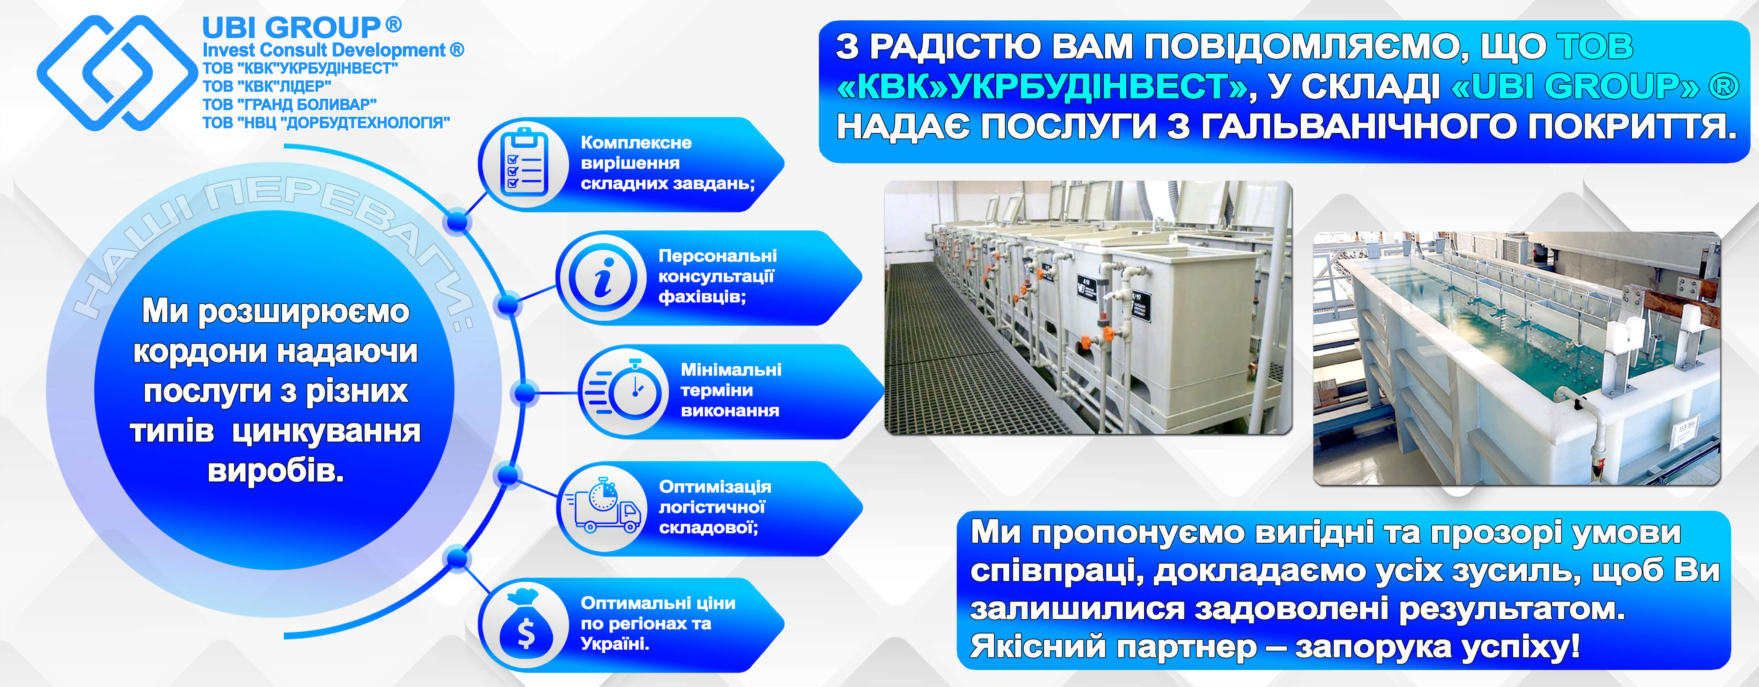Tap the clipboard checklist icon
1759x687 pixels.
pyautogui.click(x=524, y=163)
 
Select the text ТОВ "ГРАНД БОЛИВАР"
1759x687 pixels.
pyautogui.click(x=289, y=105)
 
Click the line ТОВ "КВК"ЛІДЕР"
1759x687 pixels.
pyautogui.click(x=266, y=86)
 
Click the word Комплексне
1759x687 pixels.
pyautogui.click(x=636, y=143)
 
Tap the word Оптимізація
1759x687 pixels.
pyautogui.click(x=715, y=487)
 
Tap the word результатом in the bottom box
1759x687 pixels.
pyautogui.click(x=1510, y=608)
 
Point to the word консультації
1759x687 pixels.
pyautogui.click(x=716, y=276)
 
